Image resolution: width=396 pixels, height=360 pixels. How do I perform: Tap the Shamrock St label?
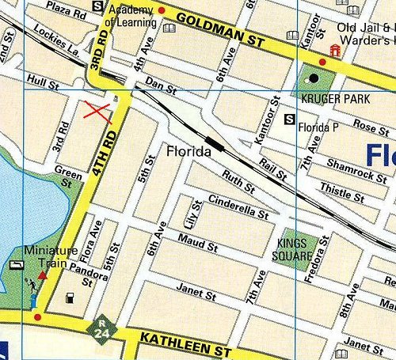[x=357, y=168]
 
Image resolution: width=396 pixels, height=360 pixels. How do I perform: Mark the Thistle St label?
[x=341, y=189]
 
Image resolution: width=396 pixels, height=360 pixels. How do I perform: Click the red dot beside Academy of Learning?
[x=161, y=10]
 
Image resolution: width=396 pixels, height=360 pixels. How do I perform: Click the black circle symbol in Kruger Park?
[x=312, y=78]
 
